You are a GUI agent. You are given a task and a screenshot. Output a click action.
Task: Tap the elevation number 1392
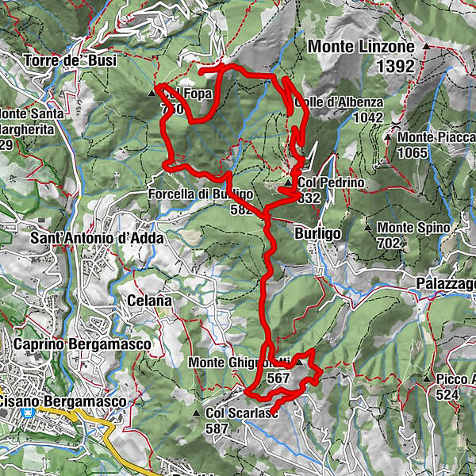(394, 67)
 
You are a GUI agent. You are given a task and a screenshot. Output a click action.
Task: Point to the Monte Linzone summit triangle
(427, 47)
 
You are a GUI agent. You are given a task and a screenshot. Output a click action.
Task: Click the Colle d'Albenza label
(340, 102)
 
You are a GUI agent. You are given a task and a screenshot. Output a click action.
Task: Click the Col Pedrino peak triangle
(288, 183)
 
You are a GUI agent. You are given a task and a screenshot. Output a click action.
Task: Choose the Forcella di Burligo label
(201, 194)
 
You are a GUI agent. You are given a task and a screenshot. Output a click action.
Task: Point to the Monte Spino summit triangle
(369, 228)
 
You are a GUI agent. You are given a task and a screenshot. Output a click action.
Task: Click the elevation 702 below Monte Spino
(389, 244)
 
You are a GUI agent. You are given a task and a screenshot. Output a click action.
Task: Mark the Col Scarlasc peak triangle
(197, 413)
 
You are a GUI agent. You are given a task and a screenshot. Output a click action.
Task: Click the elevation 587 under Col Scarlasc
(217, 428)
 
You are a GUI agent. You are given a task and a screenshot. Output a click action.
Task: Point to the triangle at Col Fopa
(153, 94)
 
